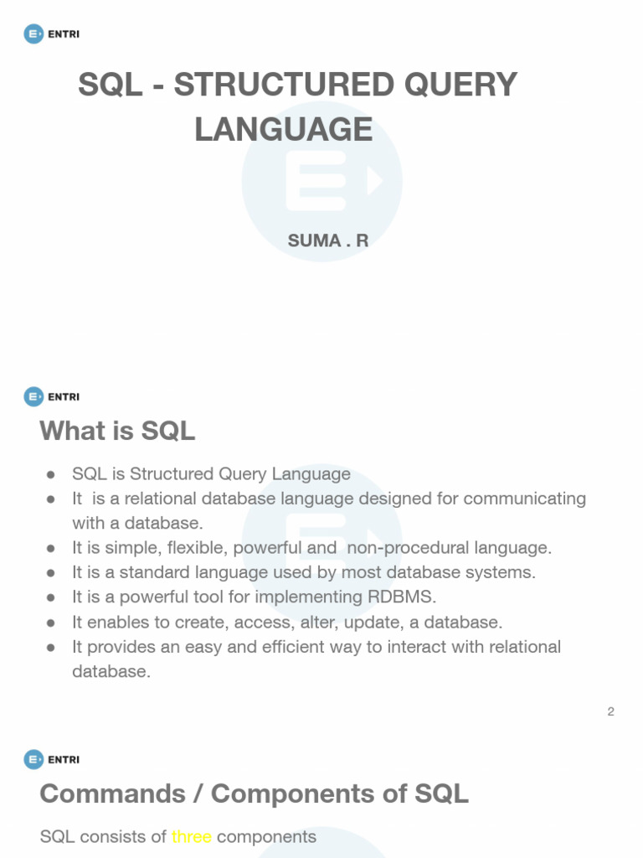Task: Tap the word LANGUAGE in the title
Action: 283,129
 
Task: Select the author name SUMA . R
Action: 328,240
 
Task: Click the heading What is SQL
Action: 117,431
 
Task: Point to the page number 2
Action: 611,711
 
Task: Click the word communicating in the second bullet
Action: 525,499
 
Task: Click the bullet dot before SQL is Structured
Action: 51,474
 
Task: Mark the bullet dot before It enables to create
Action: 51,623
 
